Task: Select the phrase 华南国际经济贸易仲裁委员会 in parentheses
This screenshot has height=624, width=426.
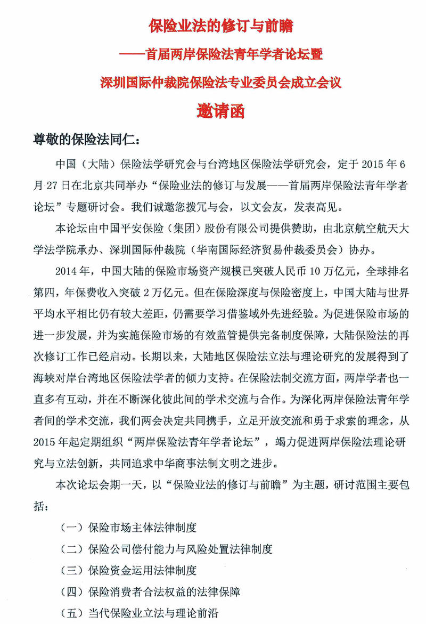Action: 268,249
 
